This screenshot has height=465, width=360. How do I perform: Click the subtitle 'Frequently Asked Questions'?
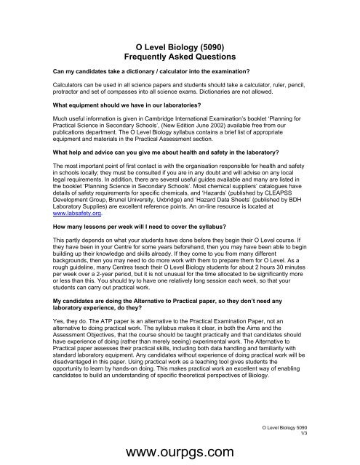click(180, 56)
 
